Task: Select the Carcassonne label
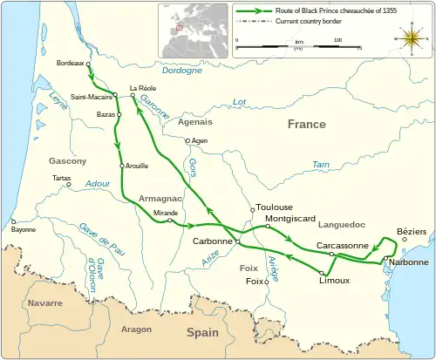pos(342,246)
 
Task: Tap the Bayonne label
pos(24,230)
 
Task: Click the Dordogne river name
pos(181,71)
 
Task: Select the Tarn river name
pos(321,164)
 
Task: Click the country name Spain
pos(202,332)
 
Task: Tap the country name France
pos(307,125)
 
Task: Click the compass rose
pos(407,39)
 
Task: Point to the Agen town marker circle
pos(186,140)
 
